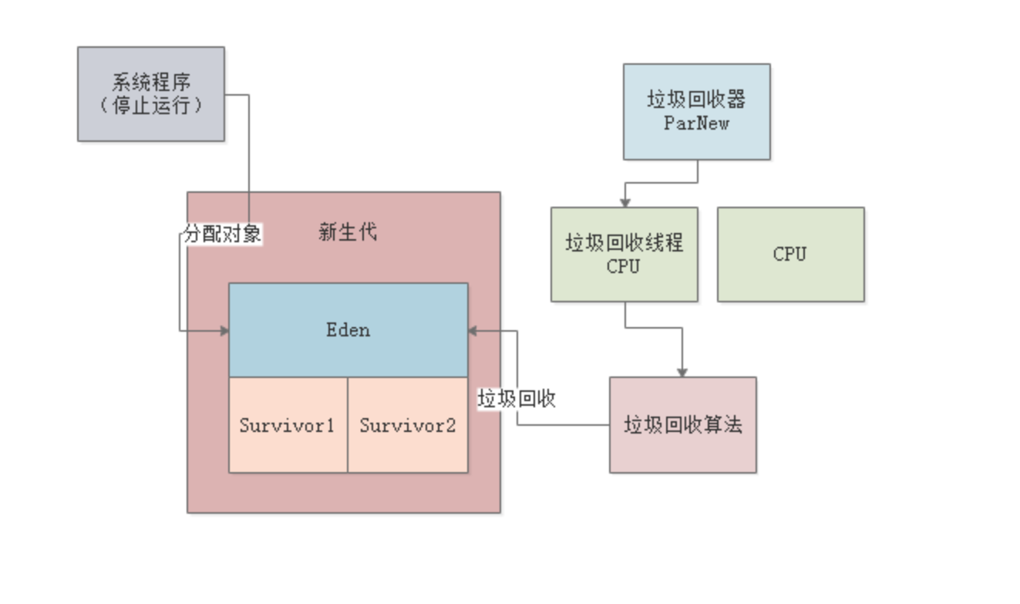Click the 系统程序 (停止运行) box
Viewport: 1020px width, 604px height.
pyautogui.click(x=151, y=93)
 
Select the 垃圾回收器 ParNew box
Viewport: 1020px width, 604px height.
pyautogui.click(x=696, y=111)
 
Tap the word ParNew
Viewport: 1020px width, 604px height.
pyautogui.click(x=696, y=123)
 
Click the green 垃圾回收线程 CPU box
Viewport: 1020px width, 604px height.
pyautogui.click(x=624, y=254)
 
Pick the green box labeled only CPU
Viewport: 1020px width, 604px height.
pyautogui.click(x=790, y=254)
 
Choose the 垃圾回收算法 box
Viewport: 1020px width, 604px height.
pyautogui.click(x=682, y=424)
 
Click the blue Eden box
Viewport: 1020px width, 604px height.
pyautogui.click(x=348, y=329)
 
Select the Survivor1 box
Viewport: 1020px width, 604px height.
pyautogui.click(x=288, y=424)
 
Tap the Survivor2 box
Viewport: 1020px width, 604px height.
pyautogui.click(x=407, y=424)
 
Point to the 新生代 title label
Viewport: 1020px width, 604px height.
pyautogui.click(x=348, y=231)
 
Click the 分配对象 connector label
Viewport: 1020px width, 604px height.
pyautogui.click(x=223, y=235)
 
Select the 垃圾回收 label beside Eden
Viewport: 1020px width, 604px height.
pyautogui.click(x=517, y=399)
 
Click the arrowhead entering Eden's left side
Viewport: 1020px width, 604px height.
pyautogui.click(x=224, y=331)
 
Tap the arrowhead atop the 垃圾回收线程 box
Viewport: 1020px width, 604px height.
pyautogui.click(x=624, y=202)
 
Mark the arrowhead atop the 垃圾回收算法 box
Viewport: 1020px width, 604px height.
pyautogui.click(x=682, y=372)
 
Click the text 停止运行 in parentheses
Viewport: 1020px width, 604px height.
pyautogui.click(x=151, y=105)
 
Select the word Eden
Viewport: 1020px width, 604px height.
pyautogui.click(x=348, y=329)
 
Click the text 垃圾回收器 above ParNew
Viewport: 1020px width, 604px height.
pyautogui.click(x=696, y=100)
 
